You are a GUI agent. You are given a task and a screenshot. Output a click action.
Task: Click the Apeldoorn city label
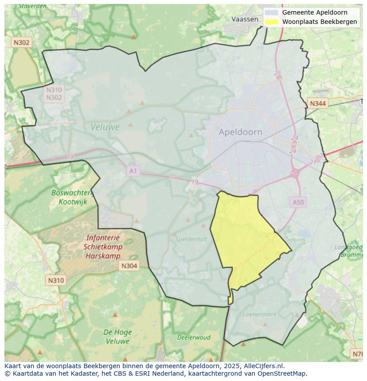tap(240, 132)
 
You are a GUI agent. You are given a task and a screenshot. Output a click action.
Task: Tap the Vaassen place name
tap(245, 19)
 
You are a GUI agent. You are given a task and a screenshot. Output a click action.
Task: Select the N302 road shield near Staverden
tap(21, 42)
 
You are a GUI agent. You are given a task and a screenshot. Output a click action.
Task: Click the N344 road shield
tap(317, 104)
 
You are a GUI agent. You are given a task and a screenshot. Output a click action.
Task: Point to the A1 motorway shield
tap(133, 171)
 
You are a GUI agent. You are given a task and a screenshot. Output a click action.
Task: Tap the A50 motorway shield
tap(298, 202)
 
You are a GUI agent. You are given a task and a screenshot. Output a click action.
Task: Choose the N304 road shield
tap(129, 266)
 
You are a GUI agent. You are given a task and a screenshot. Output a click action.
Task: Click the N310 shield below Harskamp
tap(56, 280)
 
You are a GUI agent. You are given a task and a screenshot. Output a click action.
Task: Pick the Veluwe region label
tap(105, 127)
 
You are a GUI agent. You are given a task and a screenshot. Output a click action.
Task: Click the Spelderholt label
tap(191, 239)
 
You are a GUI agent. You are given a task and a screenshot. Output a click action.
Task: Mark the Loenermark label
tap(259, 314)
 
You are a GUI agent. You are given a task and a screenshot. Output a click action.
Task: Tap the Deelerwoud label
tap(194, 337)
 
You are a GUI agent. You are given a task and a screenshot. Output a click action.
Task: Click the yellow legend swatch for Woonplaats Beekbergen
tap(271, 22)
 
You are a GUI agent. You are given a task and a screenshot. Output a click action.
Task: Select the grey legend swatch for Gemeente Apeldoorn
tap(271, 12)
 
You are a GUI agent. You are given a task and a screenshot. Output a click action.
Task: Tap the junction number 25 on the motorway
tap(277, 73)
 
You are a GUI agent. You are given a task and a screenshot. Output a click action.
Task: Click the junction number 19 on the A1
tap(195, 182)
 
